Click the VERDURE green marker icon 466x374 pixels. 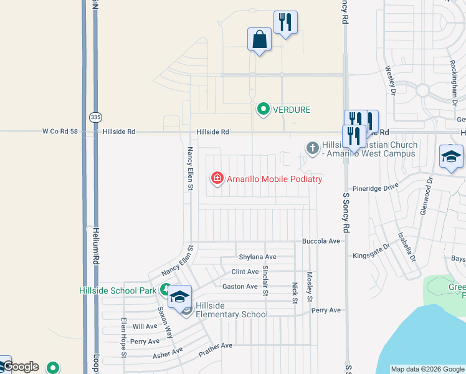[x=263, y=110]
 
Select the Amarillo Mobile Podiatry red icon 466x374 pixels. [x=217, y=179]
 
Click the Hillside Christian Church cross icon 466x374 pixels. [x=312, y=148]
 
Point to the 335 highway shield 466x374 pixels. [x=95, y=117]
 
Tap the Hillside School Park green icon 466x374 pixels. [x=165, y=290]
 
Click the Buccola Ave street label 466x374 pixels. [x=321, y=241]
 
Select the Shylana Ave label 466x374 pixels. [x=257, y=257]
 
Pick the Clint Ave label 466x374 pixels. [x=245, y=272]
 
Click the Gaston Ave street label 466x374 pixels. [x=240, y=286]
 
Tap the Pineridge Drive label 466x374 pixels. [x=374, y=187]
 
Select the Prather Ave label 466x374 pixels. [x=215, y=345]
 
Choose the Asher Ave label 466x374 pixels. [x=168, y=353]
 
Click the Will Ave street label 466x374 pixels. [x=145, y=326]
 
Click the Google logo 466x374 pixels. [x=21, y=367]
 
